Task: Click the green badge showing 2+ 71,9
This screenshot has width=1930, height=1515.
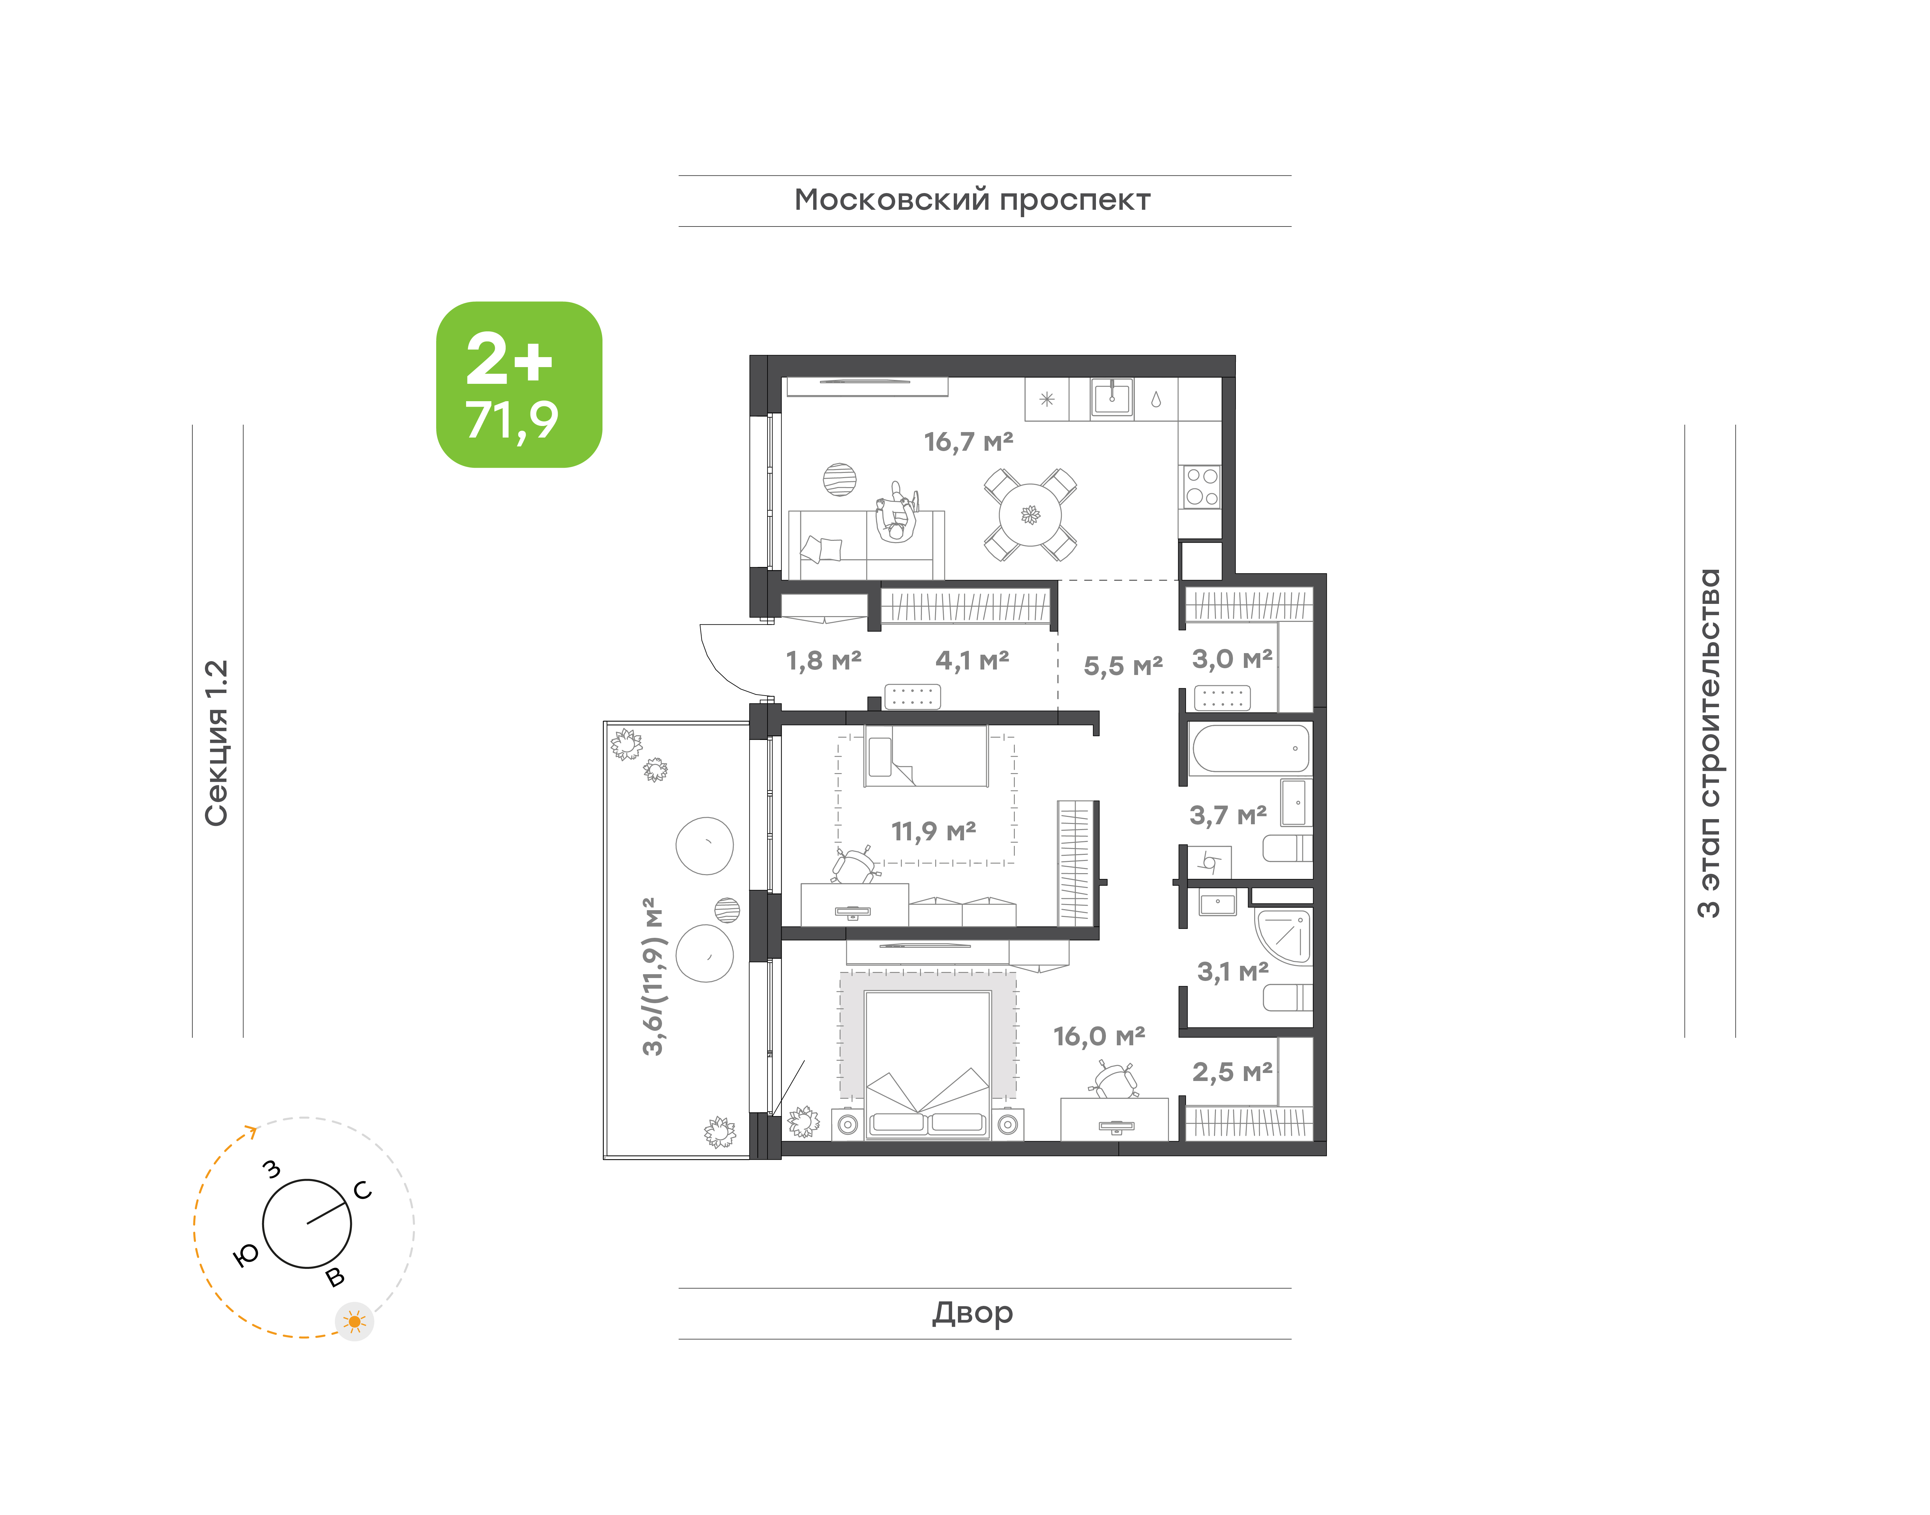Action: coord(519,384)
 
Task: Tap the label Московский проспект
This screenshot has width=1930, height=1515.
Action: coord(972,200)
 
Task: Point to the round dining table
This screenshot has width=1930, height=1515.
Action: coord(1030,514)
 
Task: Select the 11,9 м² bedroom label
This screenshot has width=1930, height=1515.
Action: coord(933,831)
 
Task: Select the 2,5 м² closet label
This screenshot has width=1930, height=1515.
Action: coord(1232,1072)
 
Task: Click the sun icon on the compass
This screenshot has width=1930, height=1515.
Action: coord(355,1322)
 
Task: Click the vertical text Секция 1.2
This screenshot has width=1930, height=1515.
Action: coord(216,743)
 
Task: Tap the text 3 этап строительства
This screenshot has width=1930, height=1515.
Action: coord(1708,743)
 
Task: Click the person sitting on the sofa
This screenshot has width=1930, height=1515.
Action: coord(896,513)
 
